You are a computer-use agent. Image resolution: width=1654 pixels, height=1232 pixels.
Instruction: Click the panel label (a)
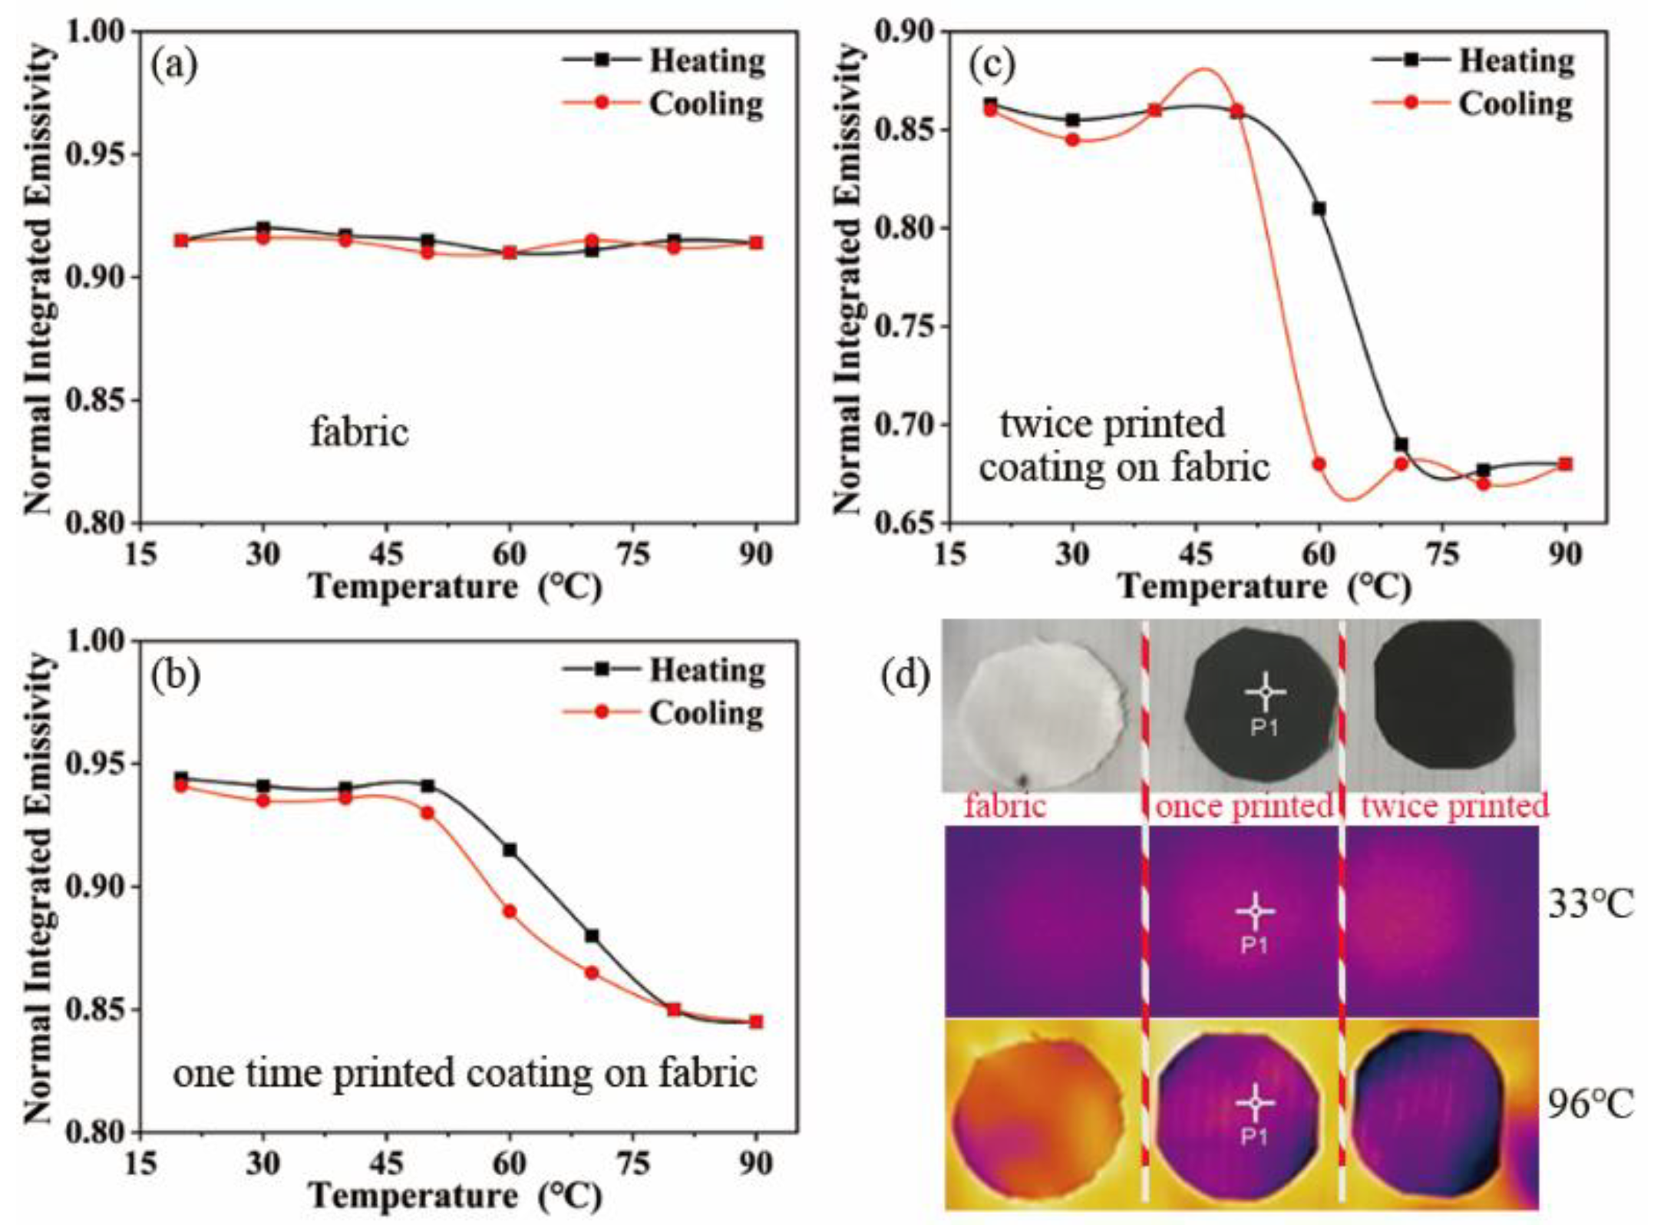click(174, 66)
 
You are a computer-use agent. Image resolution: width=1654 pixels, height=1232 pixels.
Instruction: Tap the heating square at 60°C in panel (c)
click(1319, 209)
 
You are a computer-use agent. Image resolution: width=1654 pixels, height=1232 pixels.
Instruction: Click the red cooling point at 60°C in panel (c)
click(1319, 464)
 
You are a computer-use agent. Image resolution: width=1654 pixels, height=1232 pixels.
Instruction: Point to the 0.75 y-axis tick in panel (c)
click(906, 326)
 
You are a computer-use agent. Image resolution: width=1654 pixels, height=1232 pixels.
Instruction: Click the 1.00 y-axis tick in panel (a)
click(98, 31)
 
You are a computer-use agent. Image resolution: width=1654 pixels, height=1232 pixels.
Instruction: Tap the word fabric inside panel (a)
click(359, 433)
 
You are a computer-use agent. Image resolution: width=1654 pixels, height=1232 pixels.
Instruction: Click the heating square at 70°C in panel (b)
click(592, 936)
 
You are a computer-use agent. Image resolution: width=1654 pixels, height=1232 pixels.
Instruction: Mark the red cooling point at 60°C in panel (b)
click(510, 912)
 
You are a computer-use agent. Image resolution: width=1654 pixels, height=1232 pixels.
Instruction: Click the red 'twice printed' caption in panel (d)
click(1454, 807)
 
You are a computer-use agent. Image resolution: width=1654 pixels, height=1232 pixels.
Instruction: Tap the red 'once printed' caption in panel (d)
click(1243, 807)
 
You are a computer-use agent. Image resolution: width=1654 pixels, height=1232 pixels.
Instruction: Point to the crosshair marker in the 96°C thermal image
click(1256, 1103)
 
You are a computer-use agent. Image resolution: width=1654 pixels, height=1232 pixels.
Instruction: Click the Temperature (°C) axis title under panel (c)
click(1265, 587)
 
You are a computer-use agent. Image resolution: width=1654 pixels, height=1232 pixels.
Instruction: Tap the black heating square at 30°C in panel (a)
click(263, 228)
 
